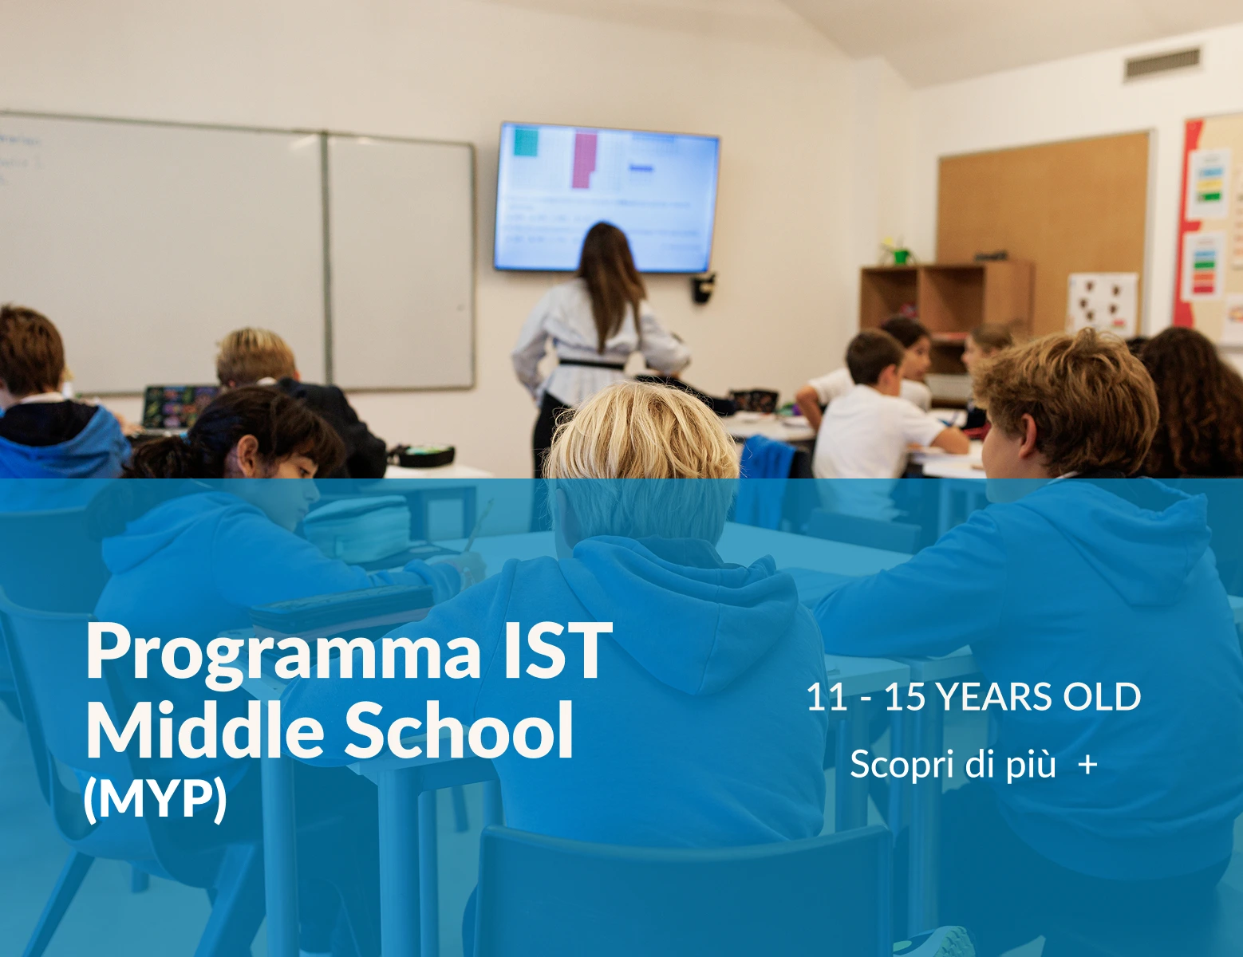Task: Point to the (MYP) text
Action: click(155, 797)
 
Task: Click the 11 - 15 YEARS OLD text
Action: click(973, 697)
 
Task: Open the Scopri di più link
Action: click(953, 764)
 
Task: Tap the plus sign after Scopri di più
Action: click(1087, 765)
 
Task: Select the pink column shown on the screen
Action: click(584, 159)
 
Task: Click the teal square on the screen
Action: click(526, 141)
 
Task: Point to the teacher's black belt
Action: click(591, 363)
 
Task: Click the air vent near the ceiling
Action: click(1162, 63)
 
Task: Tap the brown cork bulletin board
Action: click(1045, 199)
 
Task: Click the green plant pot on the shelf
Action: click(901, 256)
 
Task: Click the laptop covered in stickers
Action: click(179, 404)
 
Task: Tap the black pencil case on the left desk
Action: click(421, 455)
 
